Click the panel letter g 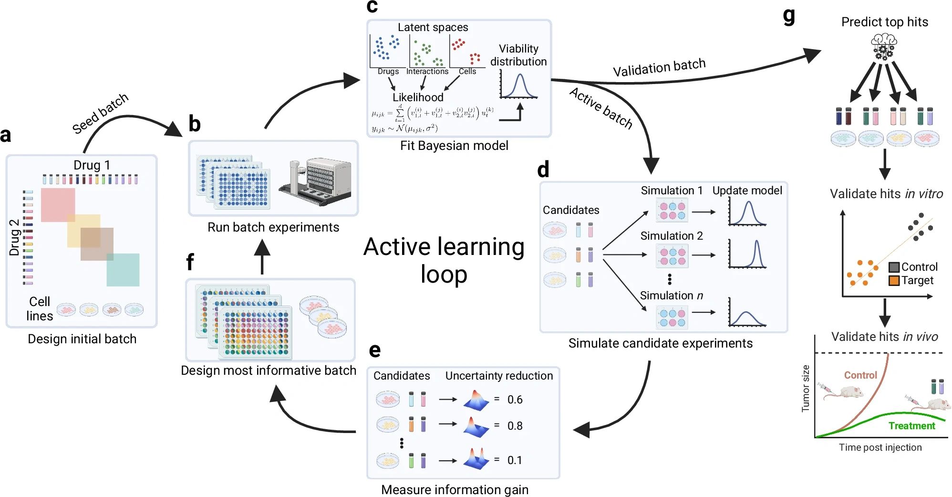point(789,15)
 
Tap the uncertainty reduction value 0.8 point(515,426)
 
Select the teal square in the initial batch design point(123,270)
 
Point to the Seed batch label point(100,113)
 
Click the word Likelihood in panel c point(418,97)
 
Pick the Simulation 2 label point(671,236)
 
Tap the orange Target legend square point(894,280)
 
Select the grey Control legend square point(894,267)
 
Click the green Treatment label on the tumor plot point(911,426)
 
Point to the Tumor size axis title point(806,388)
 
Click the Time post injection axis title point(880,447)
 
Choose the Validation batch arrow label point(659,68)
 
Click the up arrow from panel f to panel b point(262,256)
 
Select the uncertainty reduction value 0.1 point(514,460)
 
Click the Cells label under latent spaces point(467,71)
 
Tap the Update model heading point(747,190)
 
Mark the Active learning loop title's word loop point(444,275)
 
